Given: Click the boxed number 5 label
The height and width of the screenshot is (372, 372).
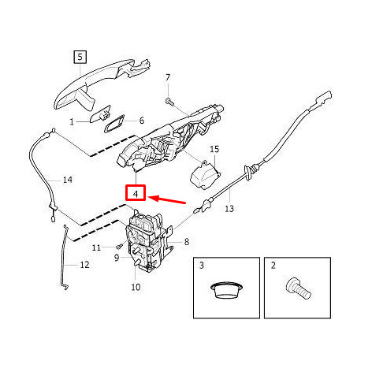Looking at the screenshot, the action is pos(80,57).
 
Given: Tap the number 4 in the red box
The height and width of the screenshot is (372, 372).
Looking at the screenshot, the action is pos(136,194).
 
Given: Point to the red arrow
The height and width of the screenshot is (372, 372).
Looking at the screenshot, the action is pos(167,199).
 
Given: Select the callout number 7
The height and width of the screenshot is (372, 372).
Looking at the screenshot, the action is pos(168,77).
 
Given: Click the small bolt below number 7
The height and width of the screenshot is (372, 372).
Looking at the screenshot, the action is pos(169,101).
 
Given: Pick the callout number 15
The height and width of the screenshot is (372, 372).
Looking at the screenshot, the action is pos(214,149).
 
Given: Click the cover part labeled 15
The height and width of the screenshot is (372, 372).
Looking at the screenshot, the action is pos(205,175).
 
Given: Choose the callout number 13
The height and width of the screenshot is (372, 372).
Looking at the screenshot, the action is pos(229,209).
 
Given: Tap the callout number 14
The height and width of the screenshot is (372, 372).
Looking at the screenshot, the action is pos(68,180).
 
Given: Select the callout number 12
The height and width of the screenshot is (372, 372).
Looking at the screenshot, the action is pos(84,265).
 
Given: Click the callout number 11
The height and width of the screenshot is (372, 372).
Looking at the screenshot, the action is pos(96,247).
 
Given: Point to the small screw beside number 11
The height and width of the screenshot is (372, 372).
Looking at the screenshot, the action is pos(119,247).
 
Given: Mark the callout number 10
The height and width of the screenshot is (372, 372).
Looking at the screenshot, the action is pos(136,287).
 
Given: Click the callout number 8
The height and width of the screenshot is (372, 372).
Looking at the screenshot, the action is pos(187,241).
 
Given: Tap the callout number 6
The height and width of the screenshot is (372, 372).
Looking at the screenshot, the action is pos(142,121).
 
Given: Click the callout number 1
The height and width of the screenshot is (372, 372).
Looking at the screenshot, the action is pos(72,121).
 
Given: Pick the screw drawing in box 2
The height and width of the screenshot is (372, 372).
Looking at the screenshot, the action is pos(298,289).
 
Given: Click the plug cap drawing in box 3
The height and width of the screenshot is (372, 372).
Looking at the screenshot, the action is pos(226,290).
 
